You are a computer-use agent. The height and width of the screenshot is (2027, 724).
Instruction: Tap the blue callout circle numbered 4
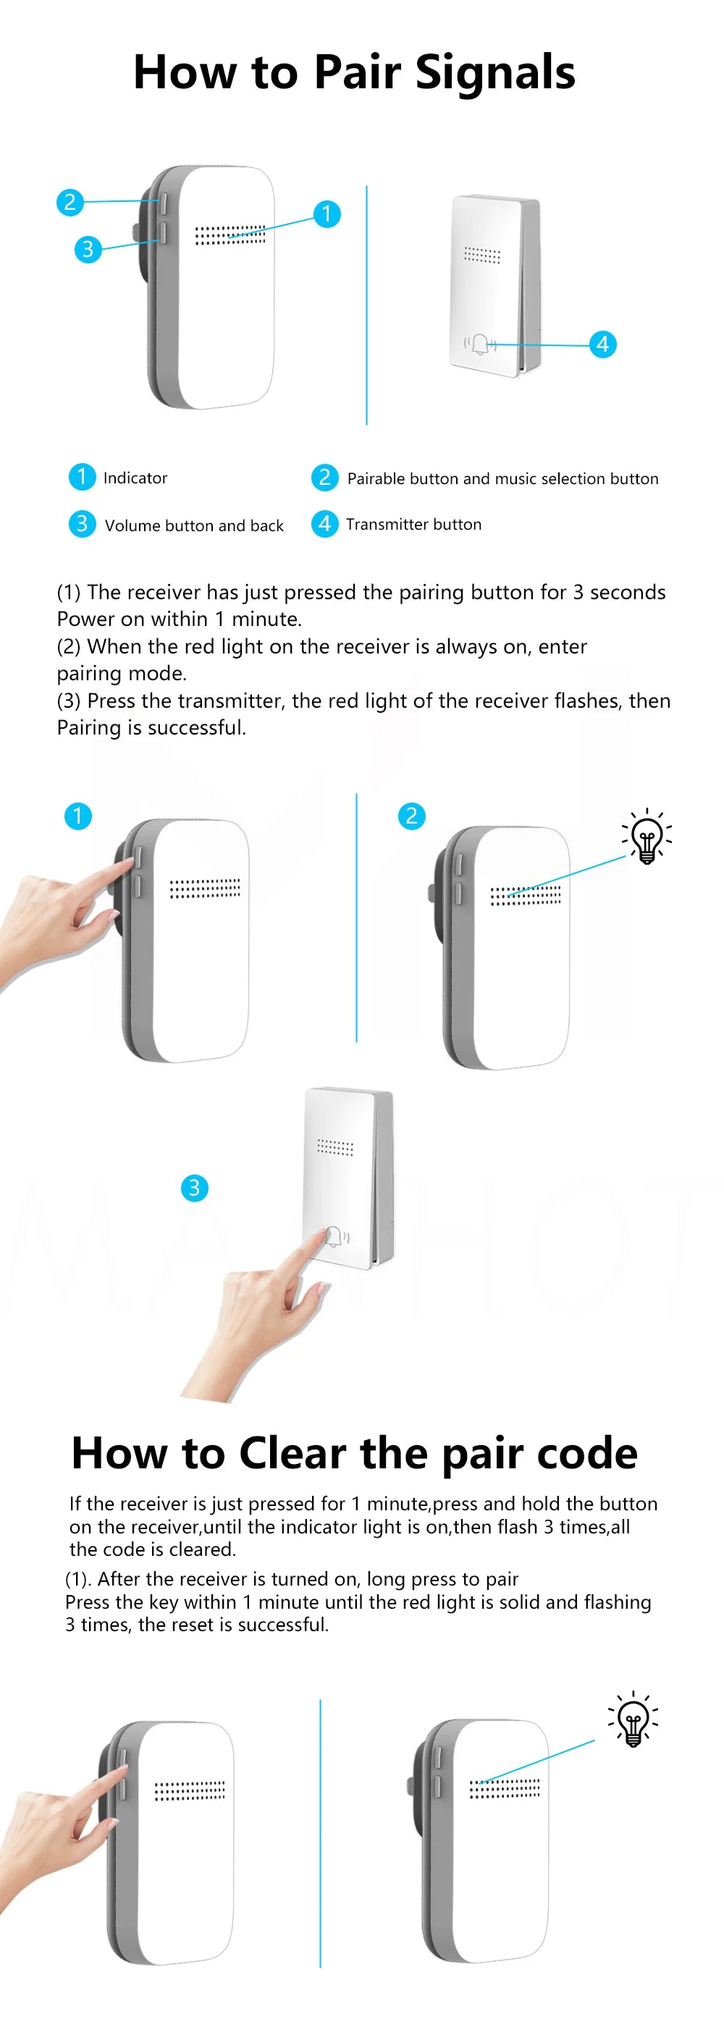[603, 344]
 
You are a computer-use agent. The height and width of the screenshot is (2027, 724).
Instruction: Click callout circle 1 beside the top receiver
[327, 214]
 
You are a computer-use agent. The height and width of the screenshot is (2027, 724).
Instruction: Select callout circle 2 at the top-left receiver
[70, 202]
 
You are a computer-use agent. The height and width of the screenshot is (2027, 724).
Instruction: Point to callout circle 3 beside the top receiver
[88, 250]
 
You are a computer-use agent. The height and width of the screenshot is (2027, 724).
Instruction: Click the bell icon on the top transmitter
[480, 344]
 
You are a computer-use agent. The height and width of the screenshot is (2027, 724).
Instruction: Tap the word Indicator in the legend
[135, 478]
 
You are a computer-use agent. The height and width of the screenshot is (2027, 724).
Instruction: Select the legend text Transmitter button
[414, 524]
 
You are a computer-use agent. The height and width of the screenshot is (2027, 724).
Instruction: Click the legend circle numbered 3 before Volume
[82, 523]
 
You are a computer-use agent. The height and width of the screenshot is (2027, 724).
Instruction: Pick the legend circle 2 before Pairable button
[324, 477]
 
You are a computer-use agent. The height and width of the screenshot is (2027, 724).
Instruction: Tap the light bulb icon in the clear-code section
[633, 1720]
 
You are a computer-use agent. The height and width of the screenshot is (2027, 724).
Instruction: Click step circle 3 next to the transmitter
[194, 1188]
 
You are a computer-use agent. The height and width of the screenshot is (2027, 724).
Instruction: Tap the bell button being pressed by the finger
[334, 1236]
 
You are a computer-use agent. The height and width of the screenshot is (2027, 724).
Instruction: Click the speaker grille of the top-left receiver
[230, 234]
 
